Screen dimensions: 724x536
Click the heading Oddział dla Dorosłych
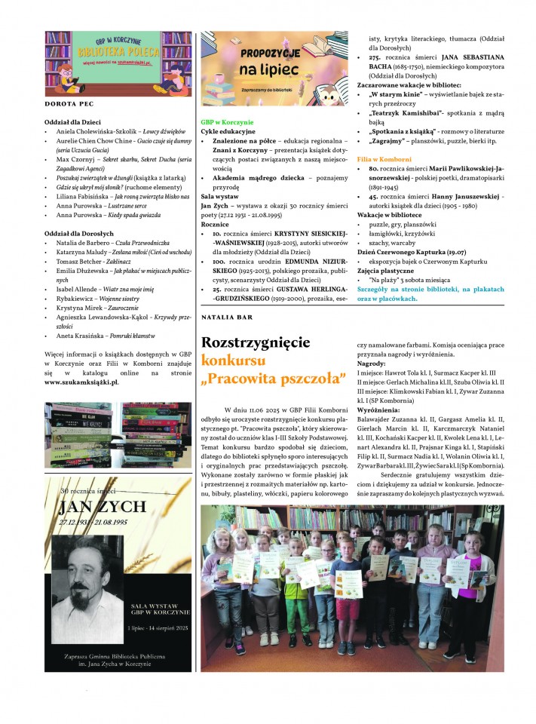79,234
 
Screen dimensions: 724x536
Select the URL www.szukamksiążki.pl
82,382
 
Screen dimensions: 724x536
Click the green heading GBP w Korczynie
227,121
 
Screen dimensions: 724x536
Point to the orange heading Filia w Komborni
384,159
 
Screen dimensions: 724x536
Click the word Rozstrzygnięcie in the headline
256,342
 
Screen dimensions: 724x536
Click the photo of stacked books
118,435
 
